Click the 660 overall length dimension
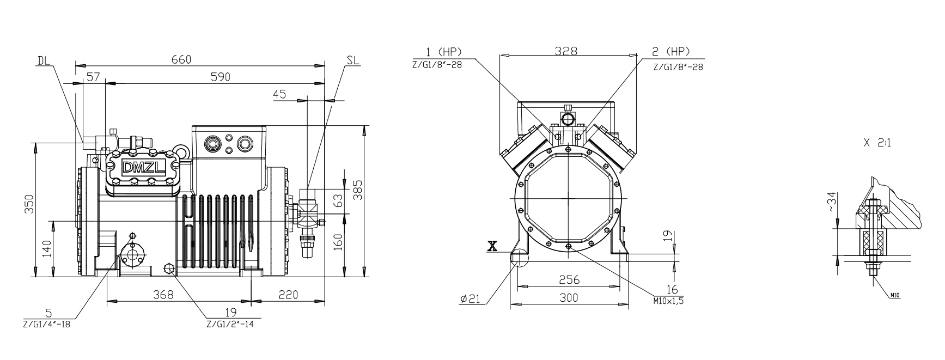coord(181,59)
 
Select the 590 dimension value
coord(220,77)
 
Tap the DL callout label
coord(44,60)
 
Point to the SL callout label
coord(353,60)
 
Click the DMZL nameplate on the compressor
coord(143,167)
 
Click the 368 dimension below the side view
coord(163,295)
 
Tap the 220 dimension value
coord(289,295)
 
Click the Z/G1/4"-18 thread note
coord(47,324)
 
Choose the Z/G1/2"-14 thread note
coord(230,324)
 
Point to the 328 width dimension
coord(566,51)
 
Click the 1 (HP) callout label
coord(443,52)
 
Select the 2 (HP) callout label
coord(671,52)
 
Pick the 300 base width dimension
coord(569,297)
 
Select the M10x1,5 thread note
coord(668,300)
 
